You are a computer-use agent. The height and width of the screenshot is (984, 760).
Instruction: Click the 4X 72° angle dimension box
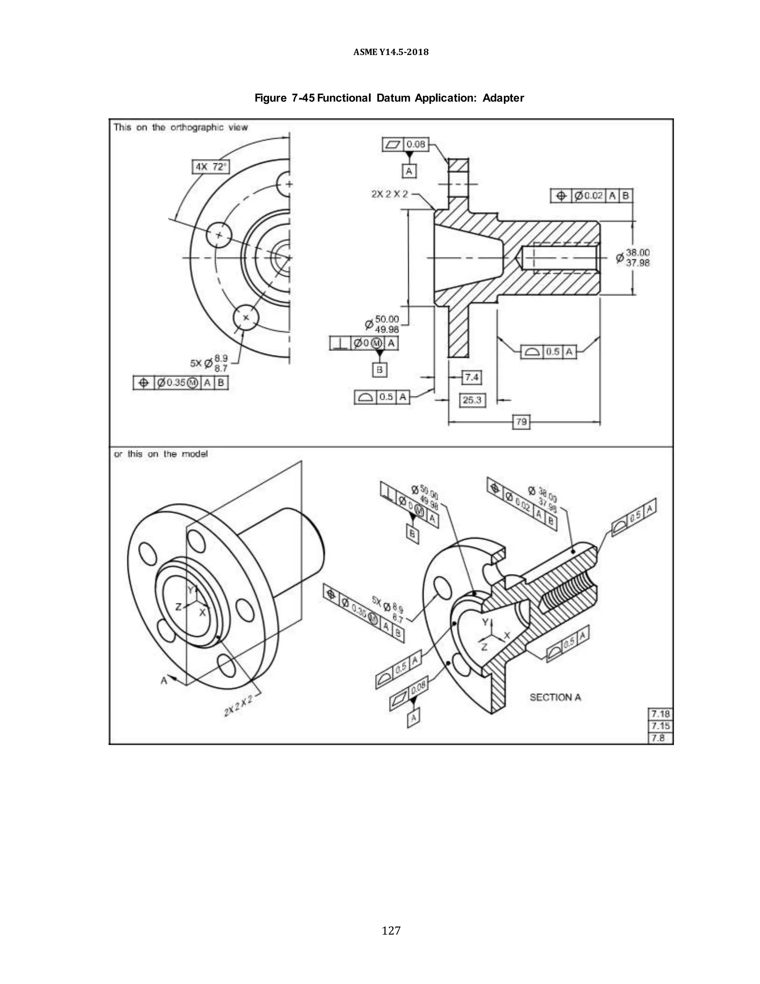pos(211,167)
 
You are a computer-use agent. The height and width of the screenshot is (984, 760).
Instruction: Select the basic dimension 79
pos(521,422)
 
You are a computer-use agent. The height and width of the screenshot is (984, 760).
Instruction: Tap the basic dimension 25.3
pos(472,400)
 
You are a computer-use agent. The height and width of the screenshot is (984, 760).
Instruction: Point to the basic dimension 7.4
pos(471,377)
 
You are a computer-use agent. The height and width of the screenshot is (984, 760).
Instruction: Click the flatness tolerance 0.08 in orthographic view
pos(415,144)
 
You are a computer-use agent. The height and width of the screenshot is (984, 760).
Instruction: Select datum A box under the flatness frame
pos(409,171)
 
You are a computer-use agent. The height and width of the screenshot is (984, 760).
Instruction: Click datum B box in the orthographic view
pos(380,370)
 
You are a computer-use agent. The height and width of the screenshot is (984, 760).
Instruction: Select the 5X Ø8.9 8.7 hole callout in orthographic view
pos(210,363)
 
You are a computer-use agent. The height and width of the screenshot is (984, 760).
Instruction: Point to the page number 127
pos(391,931)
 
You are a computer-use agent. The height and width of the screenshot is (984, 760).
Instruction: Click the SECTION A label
pos(555,697)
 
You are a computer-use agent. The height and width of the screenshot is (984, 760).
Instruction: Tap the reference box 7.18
pos(660,714)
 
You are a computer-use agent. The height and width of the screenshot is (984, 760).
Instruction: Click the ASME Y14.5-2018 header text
pos(391,52)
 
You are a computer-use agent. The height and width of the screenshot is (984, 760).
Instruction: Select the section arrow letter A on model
pos(164,681)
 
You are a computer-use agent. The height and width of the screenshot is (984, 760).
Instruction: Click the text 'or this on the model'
pos(161,454)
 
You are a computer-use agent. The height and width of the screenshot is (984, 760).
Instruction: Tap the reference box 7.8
pos(659,738)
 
